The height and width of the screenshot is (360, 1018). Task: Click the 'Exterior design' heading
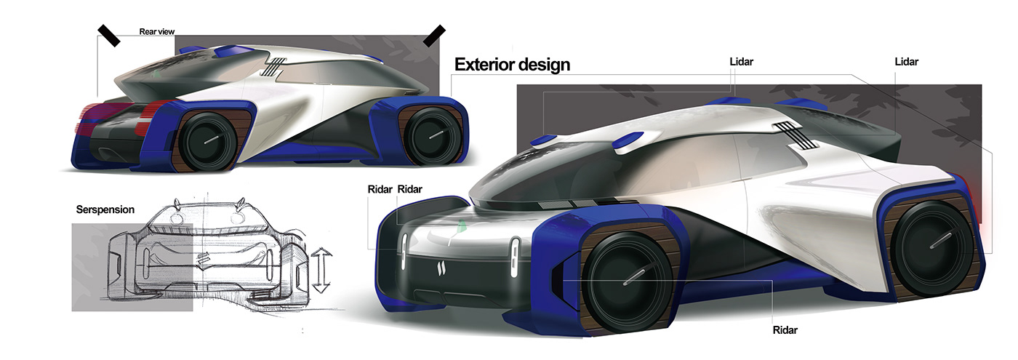pos(512,65)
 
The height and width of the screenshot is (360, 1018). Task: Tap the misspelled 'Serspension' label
pos(105,209)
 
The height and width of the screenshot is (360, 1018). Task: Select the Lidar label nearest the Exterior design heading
pos(741,63)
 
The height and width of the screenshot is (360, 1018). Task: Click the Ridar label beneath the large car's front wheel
pos(785,330)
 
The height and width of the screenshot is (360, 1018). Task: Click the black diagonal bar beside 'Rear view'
pos(110,35)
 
